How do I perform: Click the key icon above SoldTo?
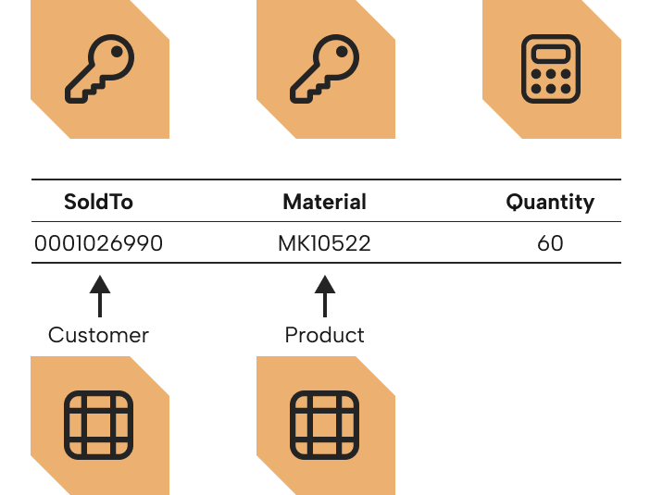pyautogui.click(x=99, y=68)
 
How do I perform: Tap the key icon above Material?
pyautogui.click(x=325, y=68)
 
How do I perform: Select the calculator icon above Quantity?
pyautogui.click(x=551, y=68)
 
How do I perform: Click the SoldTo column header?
pyautogui.click(x=98, y=202)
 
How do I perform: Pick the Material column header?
pyautogui.click(x=324, y=202)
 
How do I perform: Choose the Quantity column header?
pyautogui.click(x=550, y=203)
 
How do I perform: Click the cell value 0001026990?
pyautogui.click(x=98, y=243)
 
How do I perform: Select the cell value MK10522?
pyautogui.click(x=324, y=243)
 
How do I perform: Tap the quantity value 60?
pyautogui.click(x=550, y=243)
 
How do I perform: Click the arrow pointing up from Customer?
pyautogui.click(x=100, y=296)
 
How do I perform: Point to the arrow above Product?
pyautogui.click(x=325, y=296)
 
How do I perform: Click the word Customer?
pyautogui.click(x=98, y=335)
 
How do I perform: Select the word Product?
pyautogui.click(x=325, y=335)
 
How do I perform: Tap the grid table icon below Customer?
pyautogui.click(x=99, y=425)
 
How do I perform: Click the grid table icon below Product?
pyautogui.click(x=325, y=425)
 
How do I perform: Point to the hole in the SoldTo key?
pyautogui.click(x=117, y=52)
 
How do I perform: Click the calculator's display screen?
pyautogui.click(x=551, y=55)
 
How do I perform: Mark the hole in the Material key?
pyautogui.click(x=342, y=52)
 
